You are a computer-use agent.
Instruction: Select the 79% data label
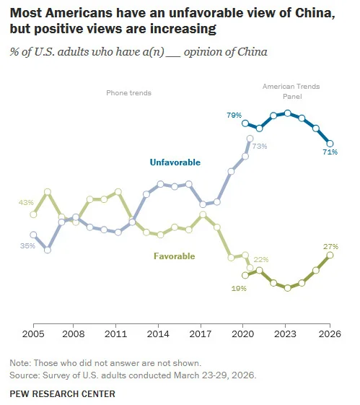(232, 116)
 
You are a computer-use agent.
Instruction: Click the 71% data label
(330, 152)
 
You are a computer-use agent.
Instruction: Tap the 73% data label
(260, 147)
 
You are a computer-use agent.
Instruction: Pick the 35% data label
(28, 245)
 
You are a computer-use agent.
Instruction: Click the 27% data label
(330, 246)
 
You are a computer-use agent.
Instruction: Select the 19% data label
(239, 288)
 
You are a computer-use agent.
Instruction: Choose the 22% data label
(260, 260)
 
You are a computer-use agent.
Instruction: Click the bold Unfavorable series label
(175, 162)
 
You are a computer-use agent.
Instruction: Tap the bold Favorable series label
(176, 256)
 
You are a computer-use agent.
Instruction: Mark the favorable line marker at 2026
(330, 256)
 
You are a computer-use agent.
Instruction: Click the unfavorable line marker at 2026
(330, 143)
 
